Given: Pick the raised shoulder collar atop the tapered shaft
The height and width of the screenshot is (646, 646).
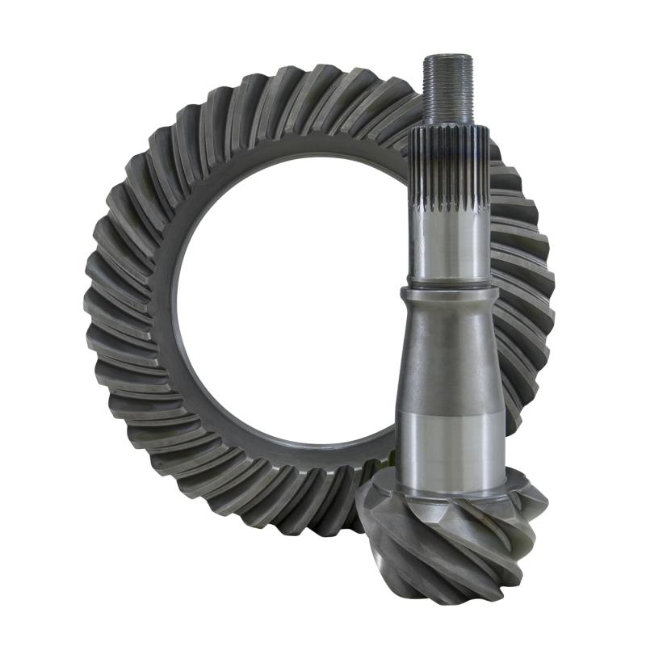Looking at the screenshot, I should point(447,295).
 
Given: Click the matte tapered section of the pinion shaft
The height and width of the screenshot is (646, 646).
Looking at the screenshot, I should point(447,355).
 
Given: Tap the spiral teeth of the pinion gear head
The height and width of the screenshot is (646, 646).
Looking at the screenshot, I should point(452,541).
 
